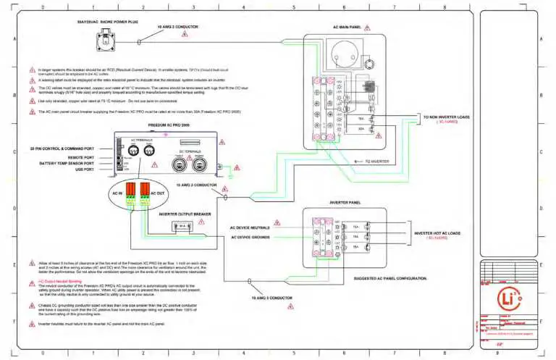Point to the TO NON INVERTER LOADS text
click(x=446, y=116)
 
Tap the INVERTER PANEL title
click(x=345, y=203)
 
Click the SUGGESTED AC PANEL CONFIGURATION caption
click(x=390, y=277)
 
